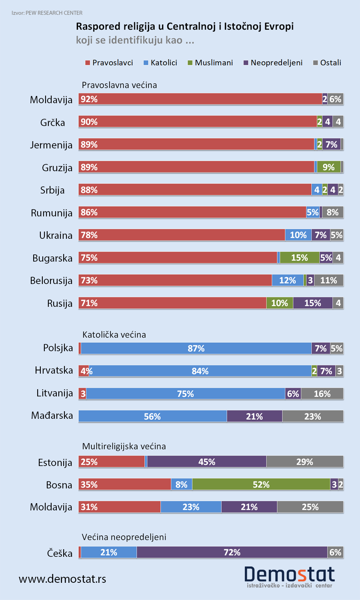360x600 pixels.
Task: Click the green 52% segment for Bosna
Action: pos(261,484)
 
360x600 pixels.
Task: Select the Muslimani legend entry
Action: pos(210,63)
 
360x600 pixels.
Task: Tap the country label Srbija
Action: pos(52,190)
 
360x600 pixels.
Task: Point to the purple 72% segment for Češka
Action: pos(232,552)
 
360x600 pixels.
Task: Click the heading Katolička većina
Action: pos(114,335)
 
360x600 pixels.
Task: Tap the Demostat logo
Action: pos(289,576)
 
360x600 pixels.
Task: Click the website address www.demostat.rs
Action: pos(62,579)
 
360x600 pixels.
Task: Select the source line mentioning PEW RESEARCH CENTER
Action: pos(47,13)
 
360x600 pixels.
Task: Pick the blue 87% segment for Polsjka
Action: pos(196,348)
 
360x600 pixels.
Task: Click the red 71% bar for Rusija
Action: pos(172,303)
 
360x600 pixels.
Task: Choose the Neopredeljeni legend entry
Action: pos(273,63)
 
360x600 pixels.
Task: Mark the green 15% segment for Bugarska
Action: pos(299,258)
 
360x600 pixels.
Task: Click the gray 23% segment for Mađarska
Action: pos(312,416)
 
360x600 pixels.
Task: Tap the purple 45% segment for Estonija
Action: pos(206,462)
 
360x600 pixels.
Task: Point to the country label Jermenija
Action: pos(51,145)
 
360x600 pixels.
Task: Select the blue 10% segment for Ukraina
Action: pos(298,235)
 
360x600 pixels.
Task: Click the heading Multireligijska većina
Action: pos(124,446)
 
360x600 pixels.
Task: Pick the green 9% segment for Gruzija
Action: pos(328,167)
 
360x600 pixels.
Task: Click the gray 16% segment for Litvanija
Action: pos(322,394)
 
